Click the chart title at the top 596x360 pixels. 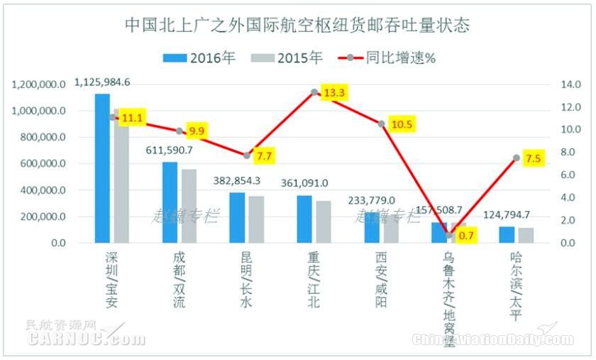tap(297, 26)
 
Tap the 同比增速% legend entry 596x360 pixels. tap(387, 58)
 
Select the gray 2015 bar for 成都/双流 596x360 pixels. tap(189, 207)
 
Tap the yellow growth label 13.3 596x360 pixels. tap(333, 94)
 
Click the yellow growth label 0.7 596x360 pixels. tap(466, 235)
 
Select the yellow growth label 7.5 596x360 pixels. tap(533, 158)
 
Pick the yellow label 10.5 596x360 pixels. tap(402, 125)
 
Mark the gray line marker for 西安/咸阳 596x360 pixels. tap(381, 124)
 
